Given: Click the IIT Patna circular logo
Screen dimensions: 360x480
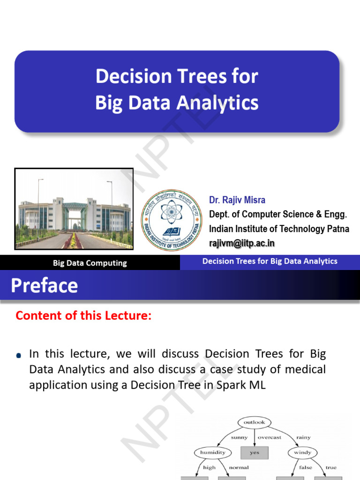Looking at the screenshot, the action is (x=172, y=220).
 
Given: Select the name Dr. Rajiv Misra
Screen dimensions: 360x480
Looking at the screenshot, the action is (x=237, y=200).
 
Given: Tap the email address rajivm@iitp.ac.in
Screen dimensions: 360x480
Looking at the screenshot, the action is (x=241, y=243).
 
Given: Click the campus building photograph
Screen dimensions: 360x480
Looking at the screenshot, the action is (x=74, y=209).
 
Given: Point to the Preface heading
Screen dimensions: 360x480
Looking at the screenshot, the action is (x=45, y=285).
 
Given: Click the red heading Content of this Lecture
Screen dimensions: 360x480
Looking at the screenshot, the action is (x=83, y=315).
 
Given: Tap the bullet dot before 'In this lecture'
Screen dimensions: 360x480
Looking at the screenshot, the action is (x=19, y=355).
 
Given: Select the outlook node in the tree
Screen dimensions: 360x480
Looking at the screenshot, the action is (x=255, y=422).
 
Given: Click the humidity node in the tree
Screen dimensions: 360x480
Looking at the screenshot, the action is (x=213, y=452).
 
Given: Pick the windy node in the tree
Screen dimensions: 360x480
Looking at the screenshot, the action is (x=302, y=452).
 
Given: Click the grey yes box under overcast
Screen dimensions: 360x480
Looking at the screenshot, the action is (x=255, y=453).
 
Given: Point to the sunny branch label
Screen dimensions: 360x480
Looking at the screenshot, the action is (x=239, y=437).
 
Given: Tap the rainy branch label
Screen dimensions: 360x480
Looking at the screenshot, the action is (x=303, y=437).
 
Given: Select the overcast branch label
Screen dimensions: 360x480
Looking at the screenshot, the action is (x=270, y=437).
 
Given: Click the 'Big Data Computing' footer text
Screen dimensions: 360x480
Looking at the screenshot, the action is (x=90, y=263).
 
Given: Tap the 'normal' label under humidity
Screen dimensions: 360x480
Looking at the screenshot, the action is (x=239, y=467).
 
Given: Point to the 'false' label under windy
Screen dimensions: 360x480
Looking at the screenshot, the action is (x=306, y=467).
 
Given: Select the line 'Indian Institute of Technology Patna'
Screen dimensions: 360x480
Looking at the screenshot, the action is (x=279, y=229).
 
